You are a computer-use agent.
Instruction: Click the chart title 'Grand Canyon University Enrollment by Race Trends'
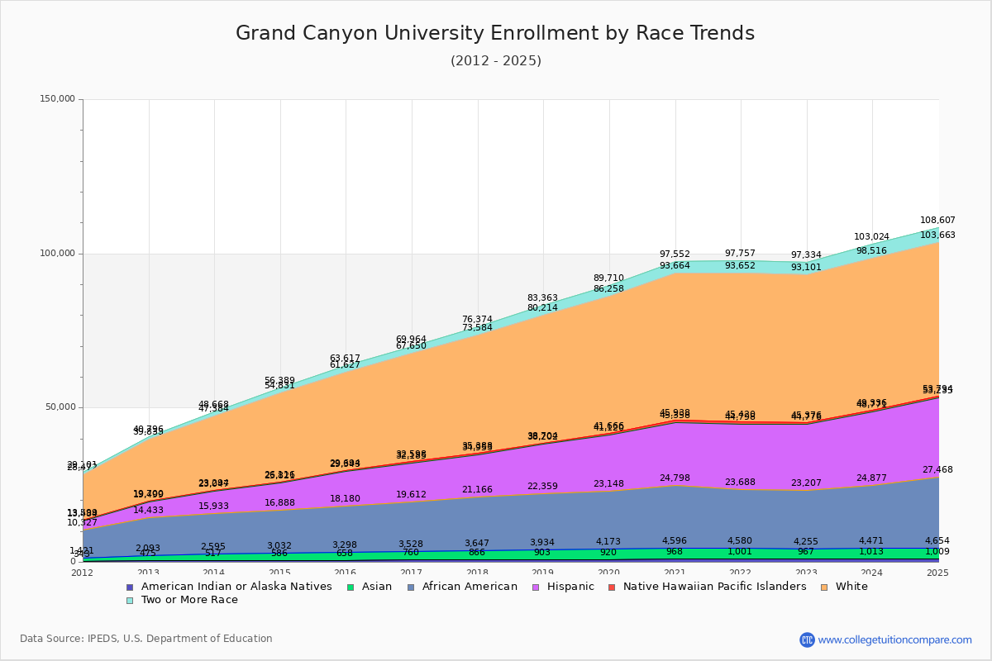point(495,34)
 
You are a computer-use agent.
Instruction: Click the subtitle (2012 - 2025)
point(495,61)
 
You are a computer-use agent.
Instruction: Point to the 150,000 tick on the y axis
point(58,99)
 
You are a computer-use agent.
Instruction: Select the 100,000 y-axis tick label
point(58,254)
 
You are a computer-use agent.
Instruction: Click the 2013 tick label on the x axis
point(148,573)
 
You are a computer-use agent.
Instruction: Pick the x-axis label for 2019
point(543,573)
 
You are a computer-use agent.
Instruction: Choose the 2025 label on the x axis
point(938,573)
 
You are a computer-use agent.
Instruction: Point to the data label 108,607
point(937,221)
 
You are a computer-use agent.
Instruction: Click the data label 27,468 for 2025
point(937,469)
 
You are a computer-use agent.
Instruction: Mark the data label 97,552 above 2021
point(675,254)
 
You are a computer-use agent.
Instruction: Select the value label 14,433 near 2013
point(148,511)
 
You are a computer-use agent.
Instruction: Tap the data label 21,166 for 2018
point(477,490)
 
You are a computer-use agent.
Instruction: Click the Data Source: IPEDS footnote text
point(146,639)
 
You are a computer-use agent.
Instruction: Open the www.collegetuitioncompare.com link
point(894,640)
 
